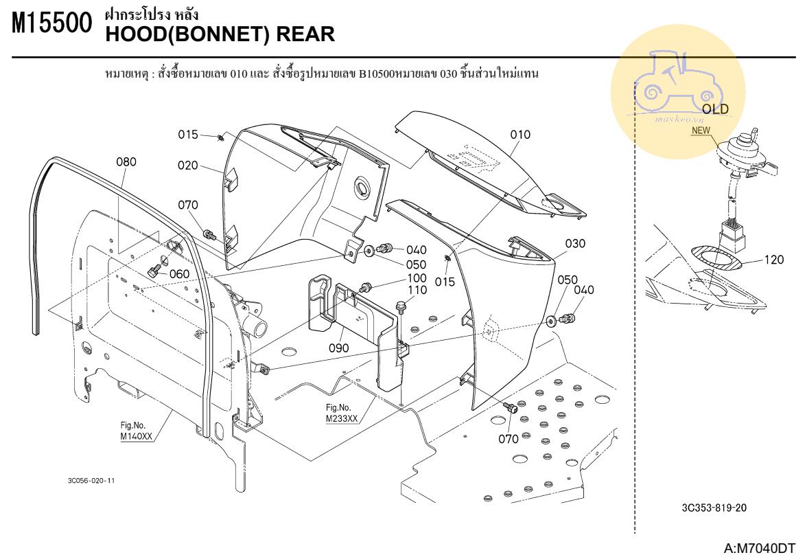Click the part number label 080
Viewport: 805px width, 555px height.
point(126,162)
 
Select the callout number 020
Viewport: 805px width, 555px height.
point(188,166)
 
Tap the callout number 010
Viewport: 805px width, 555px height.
point(520,135)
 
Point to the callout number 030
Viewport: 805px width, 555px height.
point(575,243)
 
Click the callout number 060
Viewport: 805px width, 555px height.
point(179,274)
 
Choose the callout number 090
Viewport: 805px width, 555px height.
point(338,348)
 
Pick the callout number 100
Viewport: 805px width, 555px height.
point(417,278)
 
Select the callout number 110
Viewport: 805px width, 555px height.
point(417,291)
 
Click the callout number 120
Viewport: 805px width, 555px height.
point(773,260)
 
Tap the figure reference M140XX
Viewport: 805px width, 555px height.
point(136,436)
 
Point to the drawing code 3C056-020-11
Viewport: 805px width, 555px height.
point(91,480)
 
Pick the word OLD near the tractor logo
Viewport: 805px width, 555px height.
point(715,109)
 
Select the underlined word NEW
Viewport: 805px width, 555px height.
point(701,129)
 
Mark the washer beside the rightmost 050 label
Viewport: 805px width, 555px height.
point(552,320)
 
